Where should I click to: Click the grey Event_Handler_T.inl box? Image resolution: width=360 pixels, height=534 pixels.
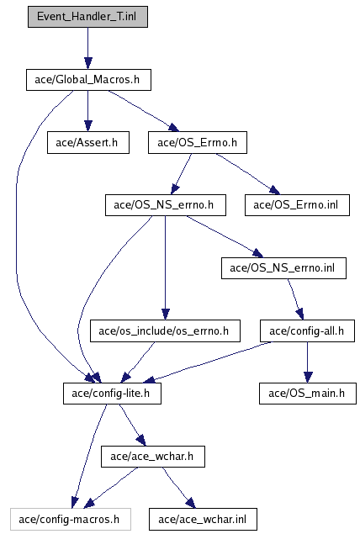(x=87, y=17)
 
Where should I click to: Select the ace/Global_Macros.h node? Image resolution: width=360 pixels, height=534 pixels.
(x=88, y=80)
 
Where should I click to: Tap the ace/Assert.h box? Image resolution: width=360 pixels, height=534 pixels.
(x=88, y=143)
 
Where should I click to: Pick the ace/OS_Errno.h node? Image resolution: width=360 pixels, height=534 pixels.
(x=198, y=143)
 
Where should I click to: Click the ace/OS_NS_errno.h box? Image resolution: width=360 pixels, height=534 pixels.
(x=166, y=205)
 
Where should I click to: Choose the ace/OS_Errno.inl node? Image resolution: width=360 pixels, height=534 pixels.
(x=297, y=205)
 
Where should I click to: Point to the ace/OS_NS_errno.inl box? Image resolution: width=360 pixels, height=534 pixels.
(x=283, y=268)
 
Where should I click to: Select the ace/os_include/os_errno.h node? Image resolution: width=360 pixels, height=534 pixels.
(x=165, y=330)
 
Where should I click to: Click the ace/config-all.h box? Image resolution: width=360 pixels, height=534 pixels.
(x=308, y=330)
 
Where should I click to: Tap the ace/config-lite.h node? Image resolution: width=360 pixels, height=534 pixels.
(x=112, y=394)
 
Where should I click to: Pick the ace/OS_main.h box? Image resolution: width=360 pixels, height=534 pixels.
(x=308, y=394)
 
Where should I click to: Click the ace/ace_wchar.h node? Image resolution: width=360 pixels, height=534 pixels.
(x=153, y=457)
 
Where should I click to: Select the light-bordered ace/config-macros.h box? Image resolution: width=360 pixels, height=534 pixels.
(x=71, y=520)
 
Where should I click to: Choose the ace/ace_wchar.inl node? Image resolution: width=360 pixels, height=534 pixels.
(x=203, y=520)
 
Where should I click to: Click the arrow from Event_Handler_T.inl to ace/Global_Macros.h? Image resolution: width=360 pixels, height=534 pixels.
(x=87, y=49)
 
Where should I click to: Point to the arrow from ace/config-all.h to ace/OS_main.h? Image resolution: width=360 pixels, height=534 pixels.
(x=308, y=362)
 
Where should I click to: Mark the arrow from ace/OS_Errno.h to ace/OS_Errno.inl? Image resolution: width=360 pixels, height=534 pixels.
(x=247, y=174)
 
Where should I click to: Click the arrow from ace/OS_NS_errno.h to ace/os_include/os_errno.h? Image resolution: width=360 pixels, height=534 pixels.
(x=165, y=267)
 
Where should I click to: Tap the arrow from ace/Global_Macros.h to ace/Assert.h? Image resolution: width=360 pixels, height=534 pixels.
(x=87, y=111)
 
